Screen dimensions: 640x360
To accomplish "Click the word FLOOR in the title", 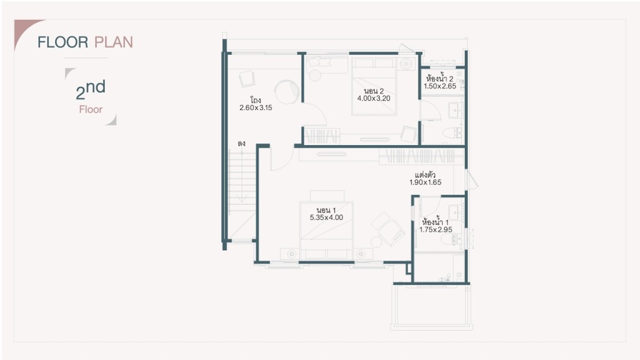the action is click(63, 42).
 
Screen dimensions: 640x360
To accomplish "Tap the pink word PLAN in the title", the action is click(114, 42).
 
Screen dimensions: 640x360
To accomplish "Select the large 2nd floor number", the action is click(91, 89).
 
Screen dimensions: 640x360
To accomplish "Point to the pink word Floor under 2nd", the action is click(91, 109).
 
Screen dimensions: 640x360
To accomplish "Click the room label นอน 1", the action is click(326, 210).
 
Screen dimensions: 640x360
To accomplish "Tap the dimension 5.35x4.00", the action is click(326, 217).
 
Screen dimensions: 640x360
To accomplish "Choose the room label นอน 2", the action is click(374, 91).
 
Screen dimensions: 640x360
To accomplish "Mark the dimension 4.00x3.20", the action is click(374, 98).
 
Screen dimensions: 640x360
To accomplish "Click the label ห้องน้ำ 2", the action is click(439, 78).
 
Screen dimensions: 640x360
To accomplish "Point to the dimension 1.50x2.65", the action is click(440, 86).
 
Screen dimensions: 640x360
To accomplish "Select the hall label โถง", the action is click(256, 100).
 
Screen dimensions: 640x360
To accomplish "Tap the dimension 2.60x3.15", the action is click(256, 107).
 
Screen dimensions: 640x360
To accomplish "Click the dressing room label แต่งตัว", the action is click(425, 175).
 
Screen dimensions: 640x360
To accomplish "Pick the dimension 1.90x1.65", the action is click(425, 182).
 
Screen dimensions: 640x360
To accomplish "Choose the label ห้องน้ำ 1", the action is click(436, 222).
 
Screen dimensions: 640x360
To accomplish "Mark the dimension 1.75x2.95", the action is click(436, 229).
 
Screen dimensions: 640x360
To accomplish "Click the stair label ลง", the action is click(241, 144).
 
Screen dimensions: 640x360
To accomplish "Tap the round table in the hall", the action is click(287, 92).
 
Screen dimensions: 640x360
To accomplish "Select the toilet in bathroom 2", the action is click(452, 132).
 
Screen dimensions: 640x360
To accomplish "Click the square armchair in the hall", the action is click(247, 79).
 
